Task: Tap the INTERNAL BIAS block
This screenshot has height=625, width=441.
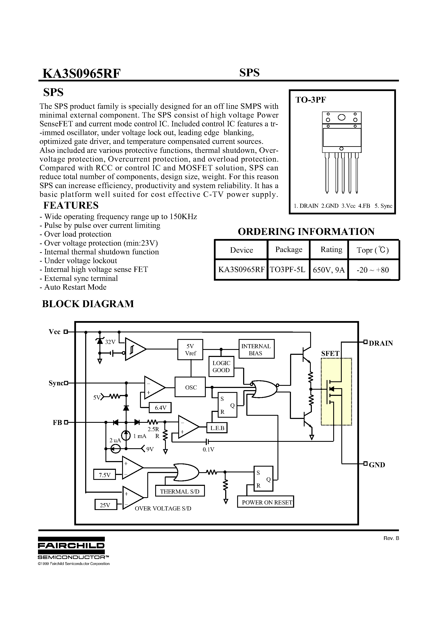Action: point(256,349)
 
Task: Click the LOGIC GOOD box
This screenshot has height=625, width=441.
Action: point(221,366)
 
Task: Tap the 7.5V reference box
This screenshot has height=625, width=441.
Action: point(104,475)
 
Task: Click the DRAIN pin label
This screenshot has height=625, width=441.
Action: point(381,343)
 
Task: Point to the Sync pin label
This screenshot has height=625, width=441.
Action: point(56,383)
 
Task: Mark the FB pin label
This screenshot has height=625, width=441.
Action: point(57,423)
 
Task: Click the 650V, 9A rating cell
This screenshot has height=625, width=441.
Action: point(329,270)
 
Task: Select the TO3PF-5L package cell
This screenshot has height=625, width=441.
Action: point(288,270)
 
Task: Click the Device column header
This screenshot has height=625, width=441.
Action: point(241,250)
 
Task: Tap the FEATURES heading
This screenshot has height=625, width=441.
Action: point(71,205)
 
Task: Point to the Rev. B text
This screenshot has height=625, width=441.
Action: point(391,538)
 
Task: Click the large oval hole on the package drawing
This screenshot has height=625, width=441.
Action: point(342,117)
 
